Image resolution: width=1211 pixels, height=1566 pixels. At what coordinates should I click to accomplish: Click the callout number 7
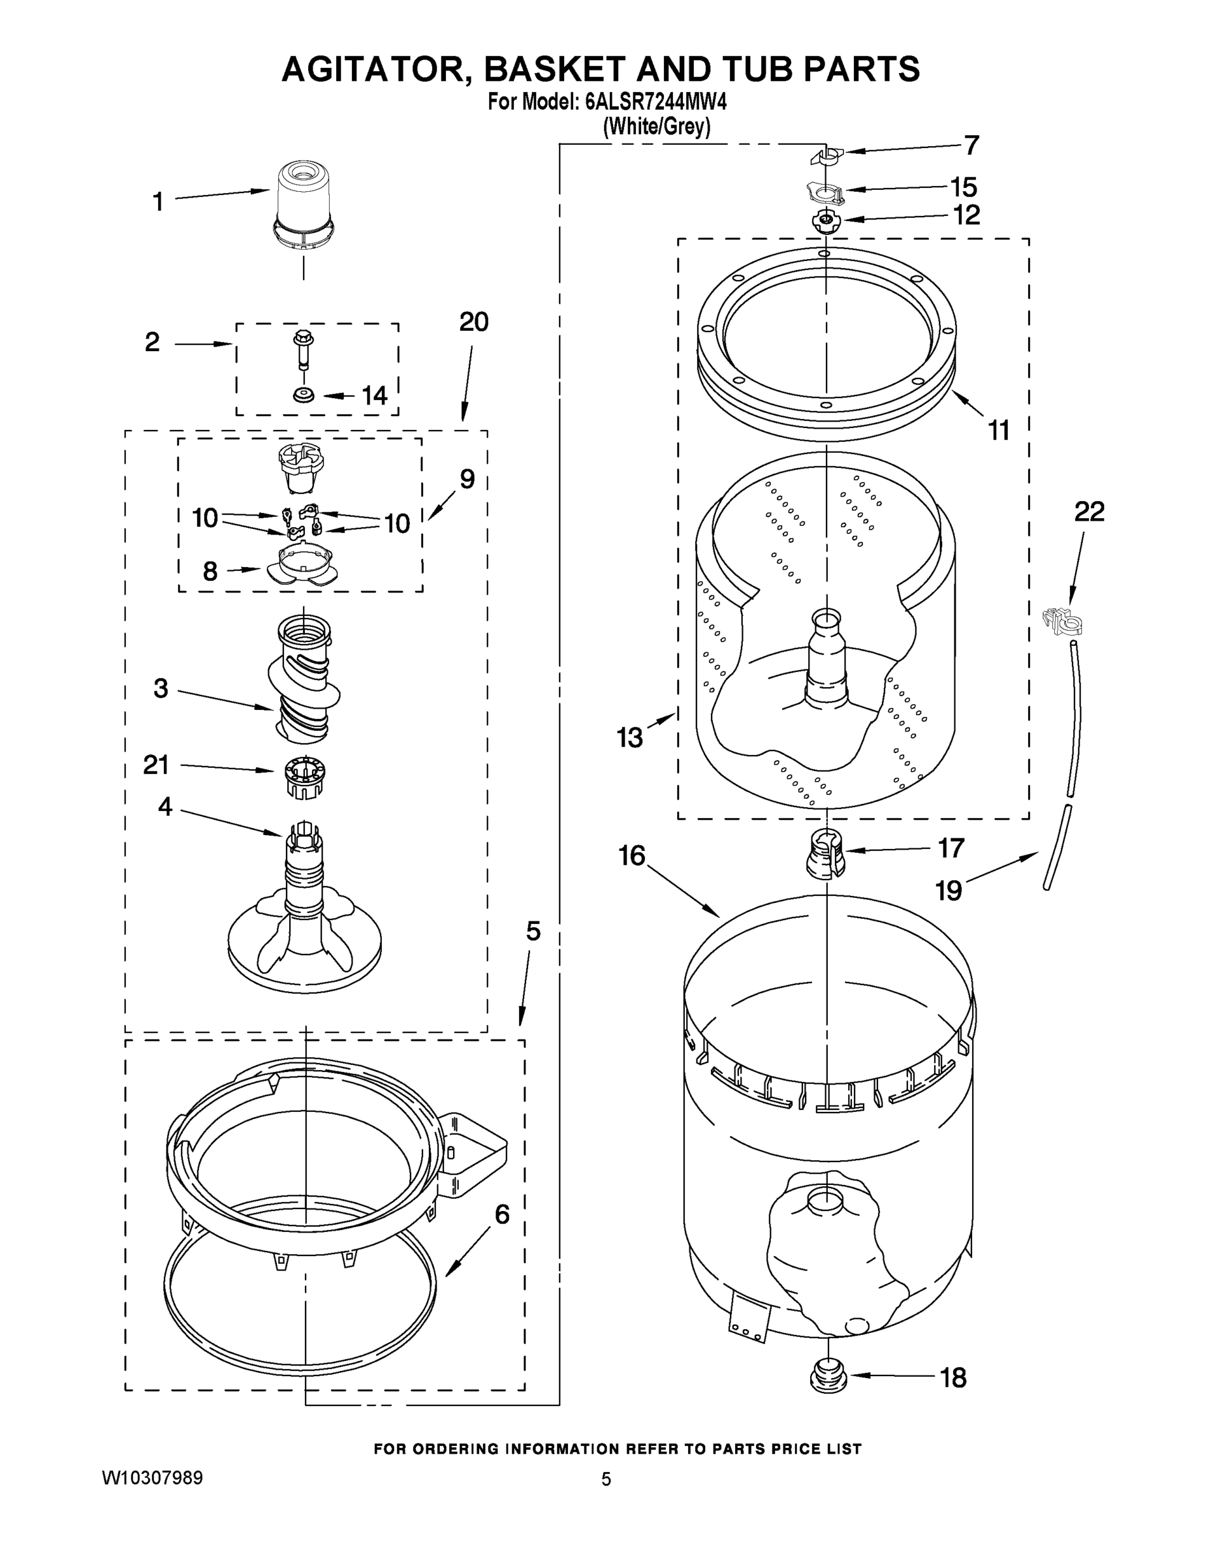971,146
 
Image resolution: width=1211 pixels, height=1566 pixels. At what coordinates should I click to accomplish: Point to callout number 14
374,395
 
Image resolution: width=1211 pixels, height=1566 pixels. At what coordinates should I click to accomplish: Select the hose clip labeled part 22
1062,621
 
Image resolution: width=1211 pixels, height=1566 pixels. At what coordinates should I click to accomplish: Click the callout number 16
632,855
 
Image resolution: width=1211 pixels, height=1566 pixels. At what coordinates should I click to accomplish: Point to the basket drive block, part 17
826,853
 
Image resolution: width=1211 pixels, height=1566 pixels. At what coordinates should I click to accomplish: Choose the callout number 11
998,430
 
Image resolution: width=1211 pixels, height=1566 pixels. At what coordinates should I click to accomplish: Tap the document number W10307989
152,1478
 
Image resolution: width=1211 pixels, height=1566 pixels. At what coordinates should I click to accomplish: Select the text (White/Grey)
657,128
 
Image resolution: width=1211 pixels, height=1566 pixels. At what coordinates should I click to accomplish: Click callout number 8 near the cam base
210,571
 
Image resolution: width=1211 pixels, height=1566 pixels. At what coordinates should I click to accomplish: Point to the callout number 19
948,891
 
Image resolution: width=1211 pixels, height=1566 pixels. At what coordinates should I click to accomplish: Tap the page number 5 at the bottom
606,1479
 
